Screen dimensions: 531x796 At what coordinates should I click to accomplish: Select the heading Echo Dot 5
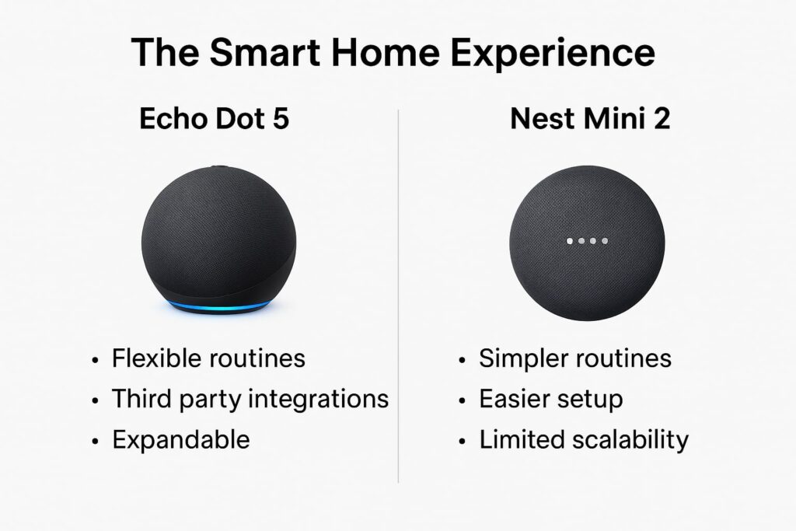point(213,121)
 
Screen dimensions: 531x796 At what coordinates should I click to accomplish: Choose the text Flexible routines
point(208,358)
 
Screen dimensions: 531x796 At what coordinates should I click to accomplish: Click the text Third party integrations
point(250,399)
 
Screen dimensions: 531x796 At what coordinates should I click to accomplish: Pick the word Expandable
point(181,439)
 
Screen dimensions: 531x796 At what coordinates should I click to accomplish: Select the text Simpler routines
point(575,358)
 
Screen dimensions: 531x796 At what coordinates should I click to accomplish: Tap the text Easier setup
point(550,399)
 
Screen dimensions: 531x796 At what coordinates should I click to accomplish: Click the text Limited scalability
point(584,439)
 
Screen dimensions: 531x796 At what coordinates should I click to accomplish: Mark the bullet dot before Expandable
point(96,441)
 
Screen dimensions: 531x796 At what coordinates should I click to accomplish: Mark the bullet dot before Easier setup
point(463,400)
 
